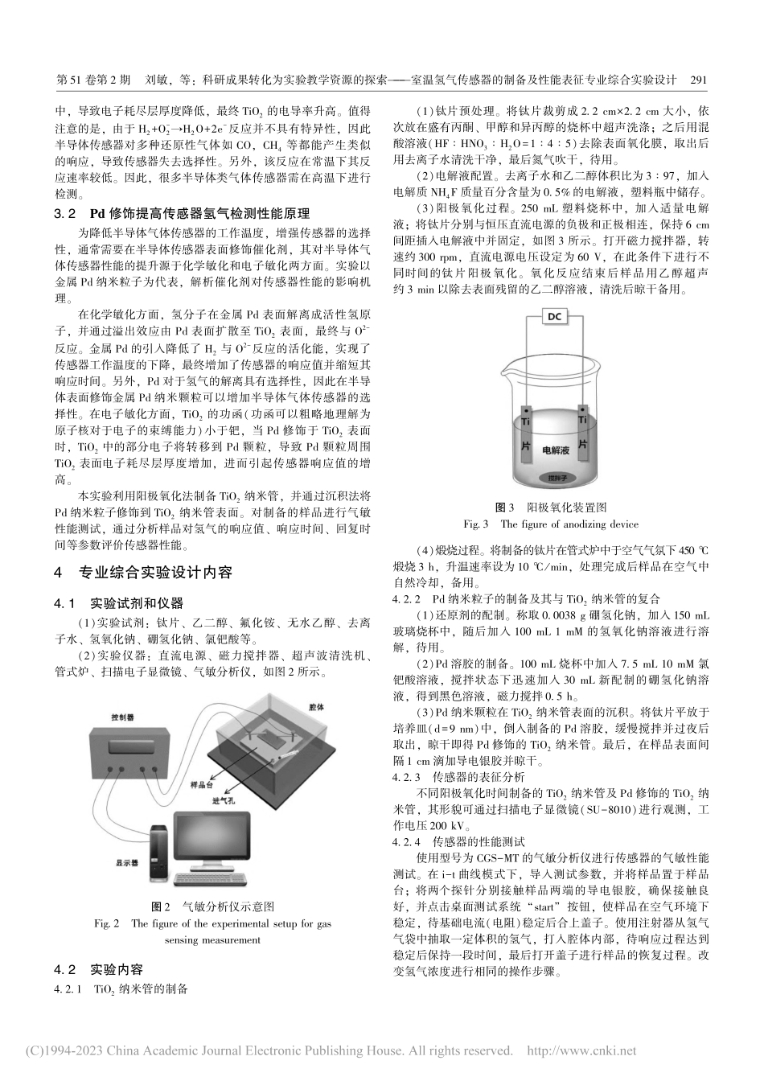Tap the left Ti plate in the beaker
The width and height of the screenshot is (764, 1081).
coord(526,435)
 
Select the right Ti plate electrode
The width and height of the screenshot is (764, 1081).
coord(584,435)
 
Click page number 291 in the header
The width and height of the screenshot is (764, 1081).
coord(698,80)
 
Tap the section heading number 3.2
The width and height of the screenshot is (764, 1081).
coord(64,214)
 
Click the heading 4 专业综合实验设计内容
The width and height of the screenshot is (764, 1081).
coord(142,573)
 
